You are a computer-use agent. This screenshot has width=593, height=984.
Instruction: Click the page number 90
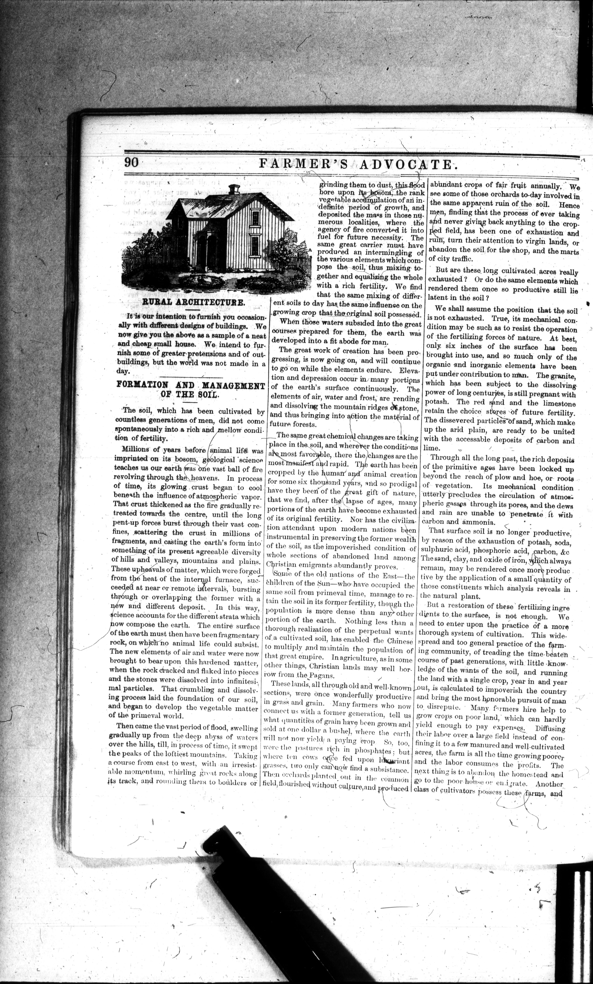click(x=131, y=162)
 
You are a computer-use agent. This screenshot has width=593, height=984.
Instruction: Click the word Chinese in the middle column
click(x=400, y=641)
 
